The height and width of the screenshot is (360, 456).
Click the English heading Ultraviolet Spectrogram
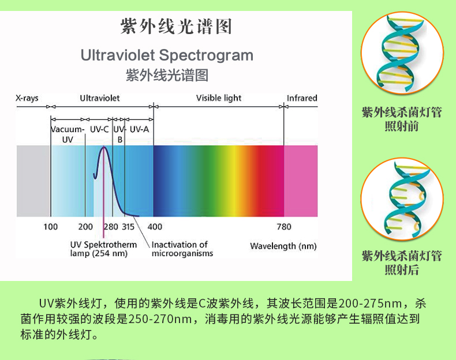click(x=167, y=55)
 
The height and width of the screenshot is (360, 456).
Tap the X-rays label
click(x=27, y=98)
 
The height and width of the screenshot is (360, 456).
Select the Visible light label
click(x=219, y=98)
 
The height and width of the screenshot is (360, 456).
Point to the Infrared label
click(x=302, y=98)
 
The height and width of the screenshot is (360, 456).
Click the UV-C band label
click(x=99, y=129)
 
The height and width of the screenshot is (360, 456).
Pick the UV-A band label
click(x=139, y=129)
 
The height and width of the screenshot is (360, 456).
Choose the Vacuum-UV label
click(x=68, y=134)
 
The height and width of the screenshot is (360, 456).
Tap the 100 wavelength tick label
click(x=51, y=227)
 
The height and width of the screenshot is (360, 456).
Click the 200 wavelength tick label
click(x=85, y=227)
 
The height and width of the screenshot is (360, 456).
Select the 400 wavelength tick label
click(x=155, y=227)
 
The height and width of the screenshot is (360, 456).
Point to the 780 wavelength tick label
click(x=284, y=227)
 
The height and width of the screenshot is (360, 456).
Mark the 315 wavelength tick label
click(x=128, y=227)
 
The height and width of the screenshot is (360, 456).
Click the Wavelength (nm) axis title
click(x=283, y=246)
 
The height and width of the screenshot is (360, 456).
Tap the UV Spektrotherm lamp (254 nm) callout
click(x=103, y=249)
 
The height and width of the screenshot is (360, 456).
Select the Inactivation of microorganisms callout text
click(x=182, y=249)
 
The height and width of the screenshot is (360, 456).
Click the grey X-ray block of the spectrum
click(x=33, y=181)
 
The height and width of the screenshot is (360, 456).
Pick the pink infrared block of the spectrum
click(x=301, y=181)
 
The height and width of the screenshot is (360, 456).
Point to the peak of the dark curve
click(x=104, y=147)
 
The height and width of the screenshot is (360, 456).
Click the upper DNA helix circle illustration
click(x=402, y=53)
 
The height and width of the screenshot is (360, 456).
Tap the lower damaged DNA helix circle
click(x=402, y=199)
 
